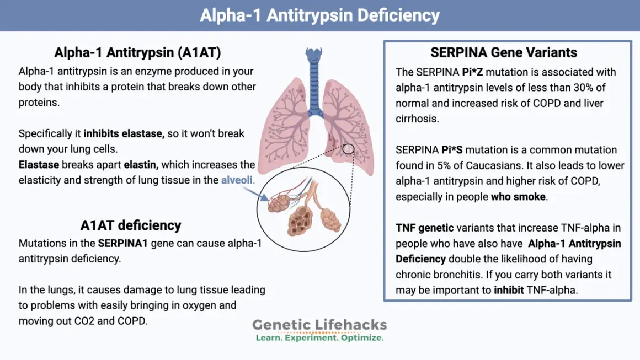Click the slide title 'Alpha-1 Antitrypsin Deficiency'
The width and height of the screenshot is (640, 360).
click(x=319, y=15)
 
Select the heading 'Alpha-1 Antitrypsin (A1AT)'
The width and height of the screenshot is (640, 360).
click(x=137, y=52)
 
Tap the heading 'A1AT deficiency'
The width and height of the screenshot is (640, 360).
click(x=131, y=225)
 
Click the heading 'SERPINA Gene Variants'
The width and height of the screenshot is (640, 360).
click(x=504, y=52)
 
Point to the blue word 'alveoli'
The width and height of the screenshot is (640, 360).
click(x=237, y=180)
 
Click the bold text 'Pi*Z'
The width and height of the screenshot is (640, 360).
click(x=472, y=72)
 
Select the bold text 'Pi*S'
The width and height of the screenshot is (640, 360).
click(x=452, y=150)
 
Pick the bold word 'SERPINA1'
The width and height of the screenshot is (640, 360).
click(x=122, y=243)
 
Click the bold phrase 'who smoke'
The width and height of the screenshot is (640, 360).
click(x=519, y=196)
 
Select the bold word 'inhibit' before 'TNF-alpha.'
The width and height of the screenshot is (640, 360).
click(x=509, y=291)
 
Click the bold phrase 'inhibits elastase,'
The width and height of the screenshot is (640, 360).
click(x=124, y=134)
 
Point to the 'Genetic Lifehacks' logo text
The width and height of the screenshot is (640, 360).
click(x=319, y=325)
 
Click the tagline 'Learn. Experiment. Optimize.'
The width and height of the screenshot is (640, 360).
click(x=319, y=337)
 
